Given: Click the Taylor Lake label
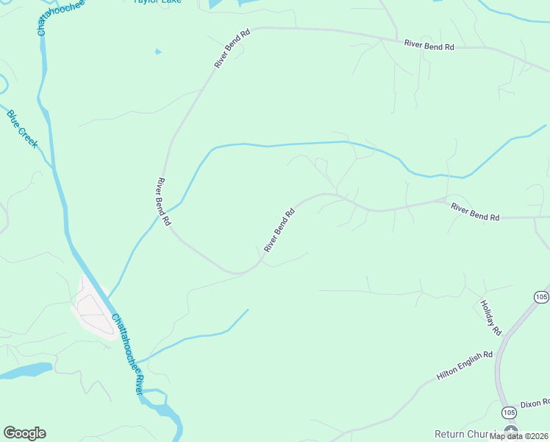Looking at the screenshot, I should pos(157,2).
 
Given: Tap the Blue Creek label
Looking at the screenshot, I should pos(22,129).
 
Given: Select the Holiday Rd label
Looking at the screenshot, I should pos(490,318).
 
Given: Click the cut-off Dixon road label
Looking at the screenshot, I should pos(535,404).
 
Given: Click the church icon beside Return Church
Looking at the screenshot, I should pos(511,432).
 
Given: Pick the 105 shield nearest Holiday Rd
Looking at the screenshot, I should pos(541,297).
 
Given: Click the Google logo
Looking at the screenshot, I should pos(24,433).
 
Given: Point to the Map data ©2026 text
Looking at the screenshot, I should pos(518,436).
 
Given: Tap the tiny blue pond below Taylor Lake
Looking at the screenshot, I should pos(157,52).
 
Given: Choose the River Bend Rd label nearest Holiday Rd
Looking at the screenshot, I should pos(475,213).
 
